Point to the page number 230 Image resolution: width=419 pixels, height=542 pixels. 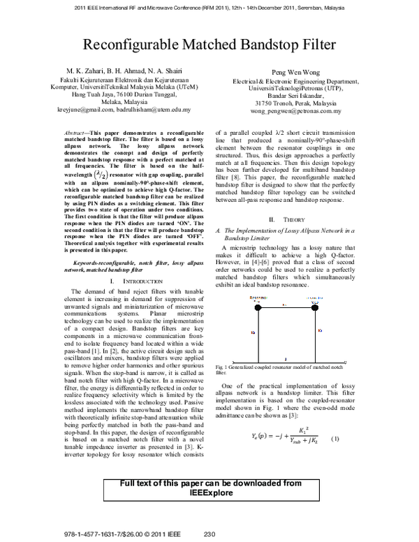(x=209, y=534)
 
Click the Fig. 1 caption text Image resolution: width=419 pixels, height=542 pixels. (x=279, y=369)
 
